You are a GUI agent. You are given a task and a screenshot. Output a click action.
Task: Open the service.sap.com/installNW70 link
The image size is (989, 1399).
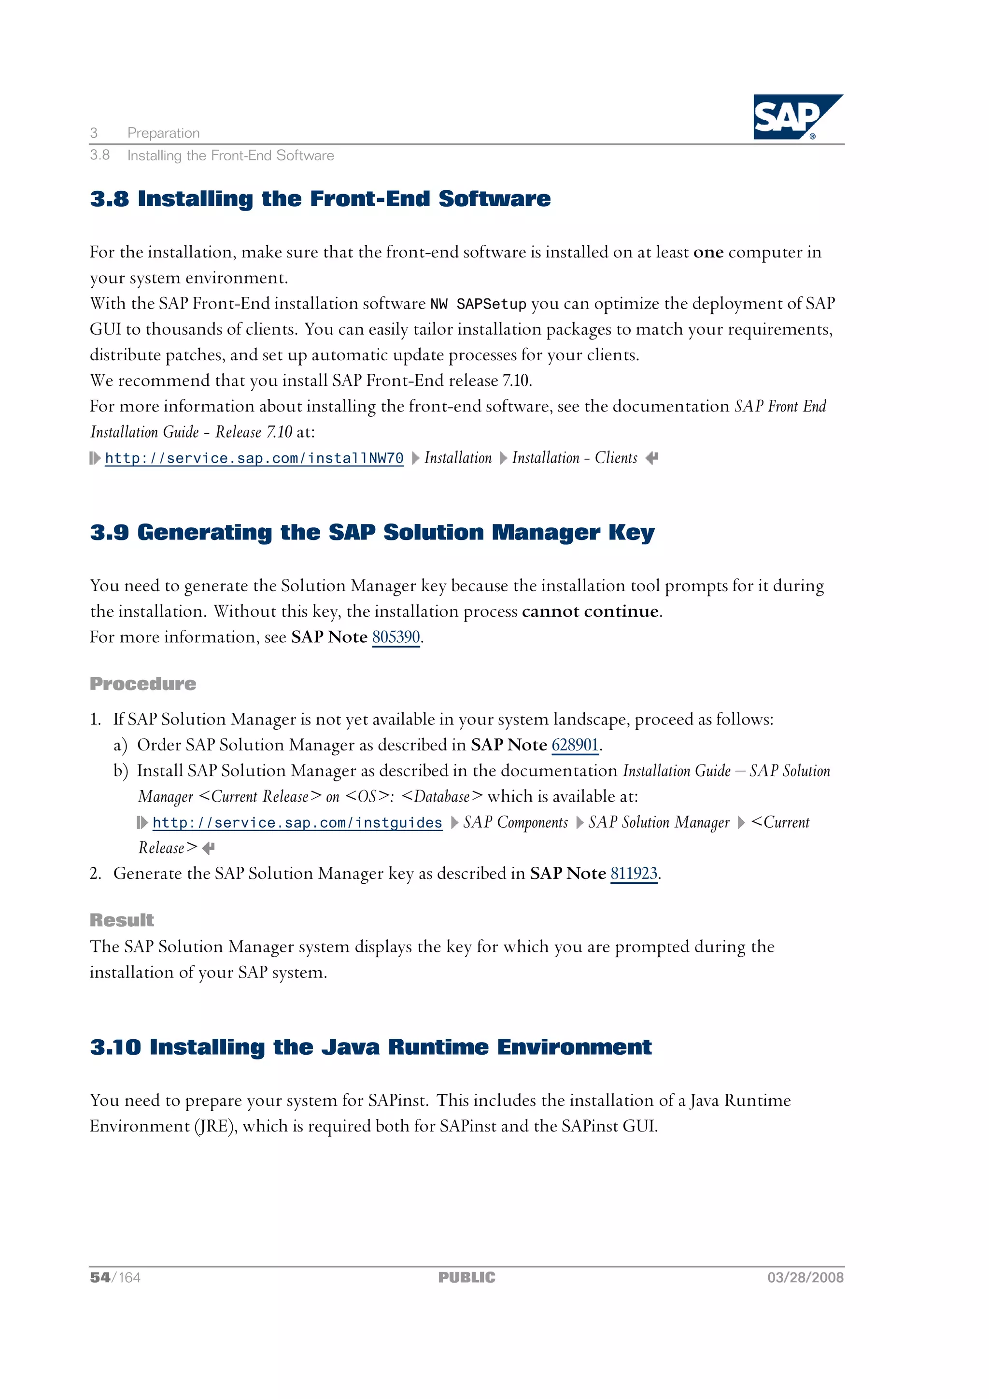(254, 458)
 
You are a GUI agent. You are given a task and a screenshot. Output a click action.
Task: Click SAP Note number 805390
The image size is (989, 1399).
(396, 637)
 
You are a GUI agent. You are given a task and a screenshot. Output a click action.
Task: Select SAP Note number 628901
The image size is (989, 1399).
(575, 745)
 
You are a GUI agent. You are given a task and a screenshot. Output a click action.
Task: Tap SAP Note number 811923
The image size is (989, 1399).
(634, 873)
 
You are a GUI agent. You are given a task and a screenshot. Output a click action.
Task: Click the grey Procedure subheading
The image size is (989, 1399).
(142, 684)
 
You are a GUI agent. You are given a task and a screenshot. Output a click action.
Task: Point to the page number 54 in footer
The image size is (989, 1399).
(100, 1277)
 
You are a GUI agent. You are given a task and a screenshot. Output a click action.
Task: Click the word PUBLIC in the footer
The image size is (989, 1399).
(467, 1277)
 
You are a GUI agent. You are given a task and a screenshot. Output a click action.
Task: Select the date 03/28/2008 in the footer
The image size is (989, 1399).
(805, 1277)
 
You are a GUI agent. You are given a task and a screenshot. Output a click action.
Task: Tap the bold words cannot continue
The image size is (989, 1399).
(590, 611)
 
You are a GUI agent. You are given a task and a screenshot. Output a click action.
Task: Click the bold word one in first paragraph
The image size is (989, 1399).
(708, 252)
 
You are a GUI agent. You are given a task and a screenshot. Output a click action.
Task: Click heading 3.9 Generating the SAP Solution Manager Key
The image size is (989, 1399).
(372, 532)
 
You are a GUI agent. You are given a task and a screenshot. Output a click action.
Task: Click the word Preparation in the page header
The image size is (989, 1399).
(163, 133)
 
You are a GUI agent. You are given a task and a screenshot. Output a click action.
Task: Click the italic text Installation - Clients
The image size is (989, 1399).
(574, 458)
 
